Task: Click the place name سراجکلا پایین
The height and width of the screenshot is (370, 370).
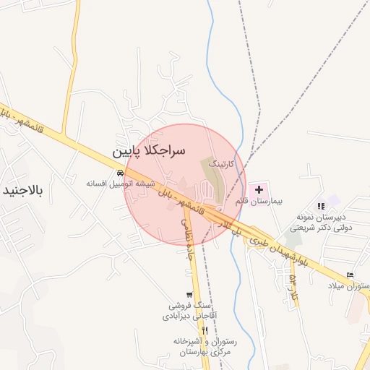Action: [x=149, y=152]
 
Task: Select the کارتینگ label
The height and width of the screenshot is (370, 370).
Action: [x=222, y=165]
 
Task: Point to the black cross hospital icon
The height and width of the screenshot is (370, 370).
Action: [x=259, y=188]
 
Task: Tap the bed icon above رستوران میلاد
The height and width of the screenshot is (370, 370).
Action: [x=350, y=275]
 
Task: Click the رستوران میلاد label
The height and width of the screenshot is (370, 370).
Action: [x=350, y=286]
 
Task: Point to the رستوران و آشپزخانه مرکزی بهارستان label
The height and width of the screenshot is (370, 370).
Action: [x=202, y=345]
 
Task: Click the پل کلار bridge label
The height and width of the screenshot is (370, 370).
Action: [x=232, y=229]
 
